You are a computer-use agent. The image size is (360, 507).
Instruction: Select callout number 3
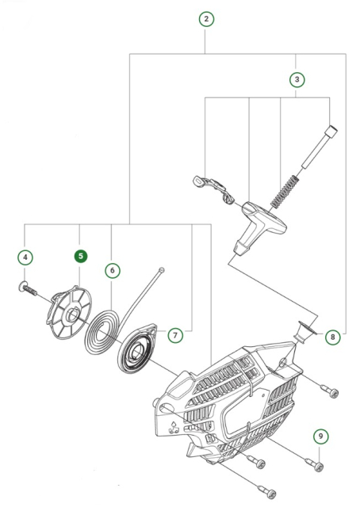(x=296, y=79)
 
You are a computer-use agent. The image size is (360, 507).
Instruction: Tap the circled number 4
(x=26, y=257)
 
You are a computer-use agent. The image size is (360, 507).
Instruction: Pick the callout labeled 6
(x=113, y=271)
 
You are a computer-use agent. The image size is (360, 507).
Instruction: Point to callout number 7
(x=176, y=334)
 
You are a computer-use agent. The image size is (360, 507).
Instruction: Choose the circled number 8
(x=331, y=337)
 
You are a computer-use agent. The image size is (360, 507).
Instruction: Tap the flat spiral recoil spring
(x=106, y=334)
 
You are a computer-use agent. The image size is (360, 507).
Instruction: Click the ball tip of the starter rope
(x=161, y=271)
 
